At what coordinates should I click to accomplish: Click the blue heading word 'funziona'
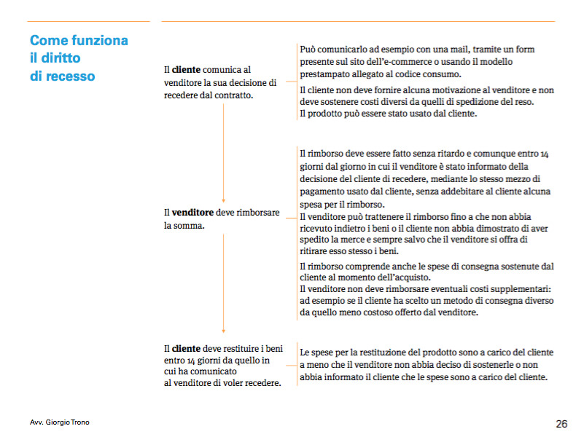click(x=99, y=40)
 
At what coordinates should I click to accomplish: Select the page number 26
click(x=561, y=423)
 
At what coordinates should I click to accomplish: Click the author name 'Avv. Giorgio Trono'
click(x=61, y=422)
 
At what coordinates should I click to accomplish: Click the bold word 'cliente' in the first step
click(x=186, y=70)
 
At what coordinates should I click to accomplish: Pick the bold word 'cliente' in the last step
click(x=186, y=348)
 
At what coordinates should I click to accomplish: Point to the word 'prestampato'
click(x=325, y=74)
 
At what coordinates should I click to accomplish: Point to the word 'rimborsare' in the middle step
click(x=255, y=212)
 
